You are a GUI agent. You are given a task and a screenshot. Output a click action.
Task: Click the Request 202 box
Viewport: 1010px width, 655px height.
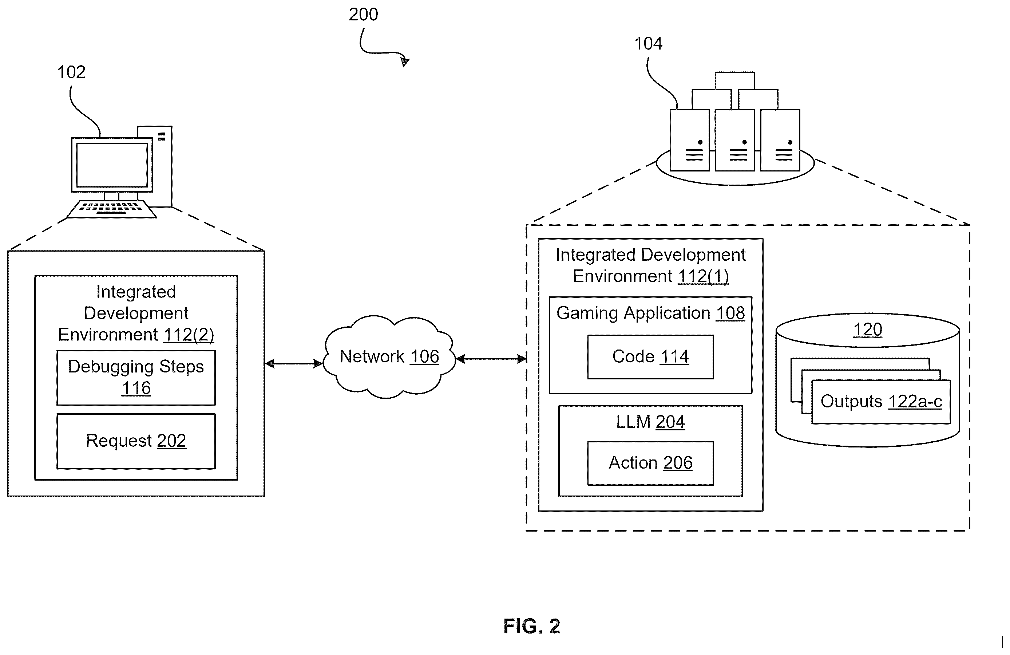(x=136, y=441)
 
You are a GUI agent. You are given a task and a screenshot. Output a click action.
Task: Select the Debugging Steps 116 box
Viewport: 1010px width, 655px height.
(x=136, y=377)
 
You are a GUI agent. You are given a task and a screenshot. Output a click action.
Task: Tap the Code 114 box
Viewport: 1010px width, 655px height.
(x=650, y=356)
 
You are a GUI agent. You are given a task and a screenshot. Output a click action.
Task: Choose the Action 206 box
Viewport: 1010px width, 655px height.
(x=650, y=463)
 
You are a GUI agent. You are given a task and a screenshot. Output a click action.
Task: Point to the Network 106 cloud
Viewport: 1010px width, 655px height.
(x=389, y=356)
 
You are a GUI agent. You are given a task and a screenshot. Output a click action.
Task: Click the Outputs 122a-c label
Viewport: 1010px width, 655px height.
(x=881, y=401)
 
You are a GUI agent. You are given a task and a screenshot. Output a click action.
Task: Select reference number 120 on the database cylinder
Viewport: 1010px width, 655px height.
(x=867, y=330)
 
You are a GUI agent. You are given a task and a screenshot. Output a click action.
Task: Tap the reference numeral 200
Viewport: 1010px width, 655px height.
(x=363, y=15)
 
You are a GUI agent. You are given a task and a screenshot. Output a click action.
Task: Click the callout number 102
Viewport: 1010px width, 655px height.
(x=71, y=72)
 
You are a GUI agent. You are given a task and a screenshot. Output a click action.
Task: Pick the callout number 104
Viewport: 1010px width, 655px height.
(x=648, y=43)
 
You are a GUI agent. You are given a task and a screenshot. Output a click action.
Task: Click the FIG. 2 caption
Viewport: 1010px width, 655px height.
(x=532, y=626)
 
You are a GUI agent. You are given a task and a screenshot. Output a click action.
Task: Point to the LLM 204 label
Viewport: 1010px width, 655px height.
(x=650, y=422)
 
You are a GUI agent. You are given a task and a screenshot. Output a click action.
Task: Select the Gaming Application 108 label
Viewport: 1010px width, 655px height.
(x=650, y=313)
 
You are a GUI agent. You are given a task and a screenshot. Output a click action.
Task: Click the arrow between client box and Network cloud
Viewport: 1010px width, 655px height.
(x=294, y=363)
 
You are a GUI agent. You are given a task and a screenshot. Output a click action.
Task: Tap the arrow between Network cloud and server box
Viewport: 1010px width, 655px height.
(x=491, y=359)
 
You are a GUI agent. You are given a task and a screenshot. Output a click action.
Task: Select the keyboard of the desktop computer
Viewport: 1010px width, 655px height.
(x=112, y=209)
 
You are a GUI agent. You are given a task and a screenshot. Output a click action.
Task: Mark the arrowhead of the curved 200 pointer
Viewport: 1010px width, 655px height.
(x=405, y=62)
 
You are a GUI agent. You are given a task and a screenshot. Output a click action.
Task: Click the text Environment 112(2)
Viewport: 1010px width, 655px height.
(x=136, y=335)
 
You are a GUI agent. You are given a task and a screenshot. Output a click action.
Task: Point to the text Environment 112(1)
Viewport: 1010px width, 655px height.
(x=650, y=276)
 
